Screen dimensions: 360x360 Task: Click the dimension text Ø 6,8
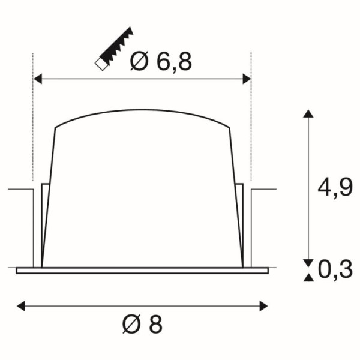pyautogui.click(x=160, y=61)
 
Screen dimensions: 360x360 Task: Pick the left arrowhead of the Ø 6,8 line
pyautogui.click(x=37, y=78)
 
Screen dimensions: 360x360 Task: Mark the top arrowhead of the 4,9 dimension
pyautogui.click(x=308, y=114)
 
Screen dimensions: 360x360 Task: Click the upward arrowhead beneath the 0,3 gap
pyautogui.click(x=308, y=277)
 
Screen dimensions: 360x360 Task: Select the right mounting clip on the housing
pyautogui.click(x=240, y=222)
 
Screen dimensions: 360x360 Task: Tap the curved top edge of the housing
pyautogui.click(x=142, y=111)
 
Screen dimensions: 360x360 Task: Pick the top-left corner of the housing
pyautogui.click(x=56, y=127)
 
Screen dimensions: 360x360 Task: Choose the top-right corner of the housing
pyautogui.click(x=229, y=127)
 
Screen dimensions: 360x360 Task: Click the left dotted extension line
pyautogui.click(x=32, y=120)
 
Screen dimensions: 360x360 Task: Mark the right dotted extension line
pyautogui.click(x=251, y=120)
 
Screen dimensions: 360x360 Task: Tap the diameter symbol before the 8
pyautogui.click(x=130, y=325)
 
